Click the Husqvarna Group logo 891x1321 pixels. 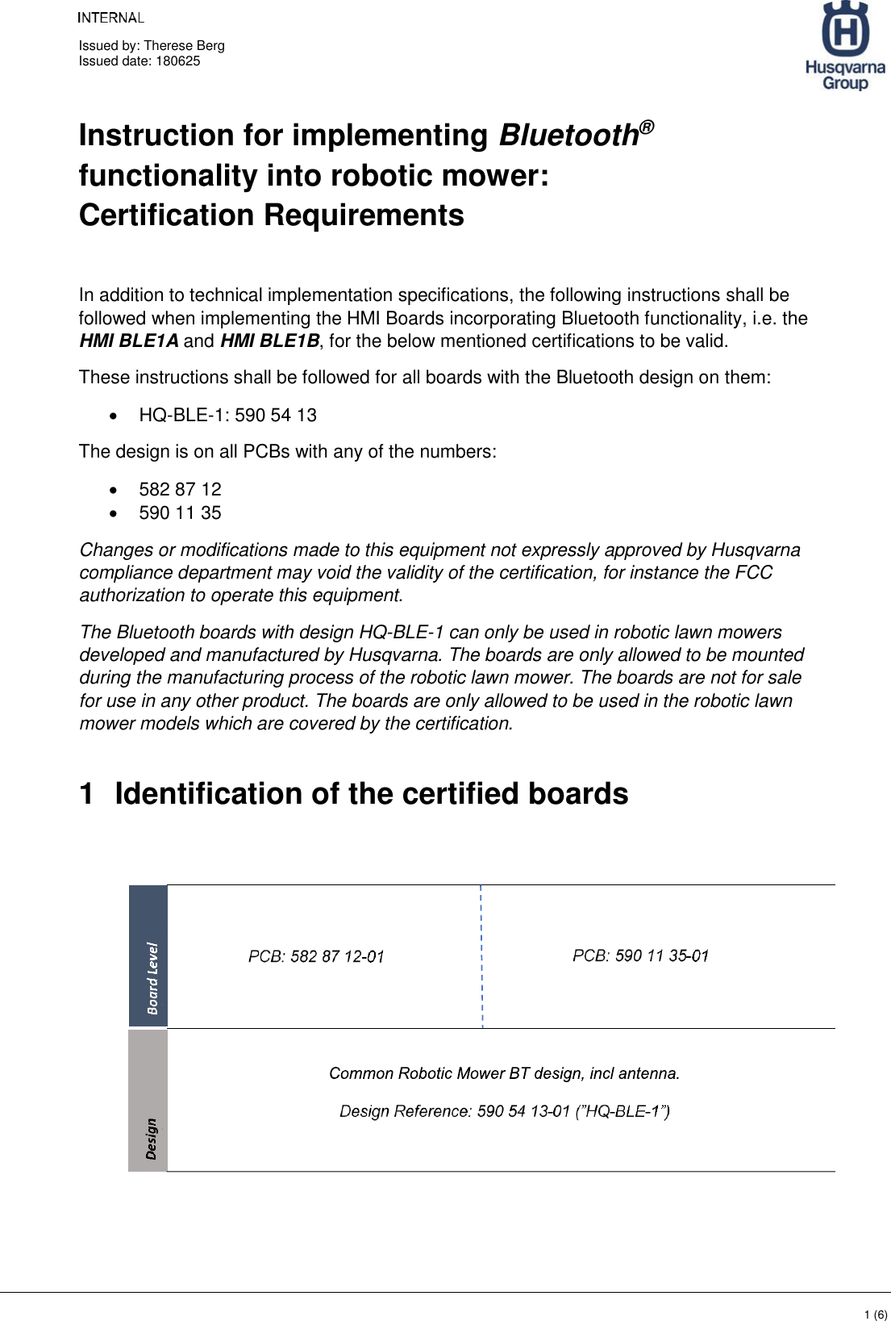pyautogui.click(x=844, y=46)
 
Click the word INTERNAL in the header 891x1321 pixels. pyautogui.click(x=110, y=18)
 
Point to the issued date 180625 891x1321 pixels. pyautogui.click(x=177, y=61)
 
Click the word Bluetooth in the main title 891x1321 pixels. pyautogui.click(x=569, y=136)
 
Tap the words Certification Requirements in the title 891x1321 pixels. pyautogui.click(x=272, y=215)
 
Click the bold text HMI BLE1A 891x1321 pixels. pyautogui.click(x=129, y=341)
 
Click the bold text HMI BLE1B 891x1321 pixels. pyautogui.click(x=269, y=341)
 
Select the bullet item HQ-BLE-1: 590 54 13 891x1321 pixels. pyautogui.click(x=227, y=416)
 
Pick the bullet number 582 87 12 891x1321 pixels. pyautogui.click(x=180, y=490)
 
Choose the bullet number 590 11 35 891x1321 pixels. pyautogui.click(x=180, y=513)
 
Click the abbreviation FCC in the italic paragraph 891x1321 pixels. pyautogui.click(x=753, y=573)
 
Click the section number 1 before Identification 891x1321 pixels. pyautogui.click(x=87, y=794)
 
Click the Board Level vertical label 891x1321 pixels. pyautogui.click(x=152, y=977)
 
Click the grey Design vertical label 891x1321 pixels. pyautogui.click(x=151, y=1138)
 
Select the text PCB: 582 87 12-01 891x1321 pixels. pyautogui.click(x=316, y=957)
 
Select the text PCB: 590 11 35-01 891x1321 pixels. pyautogui.click(x=640, y=956)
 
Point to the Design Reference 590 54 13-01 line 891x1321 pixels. pyautogui.click(x=504, y=1112)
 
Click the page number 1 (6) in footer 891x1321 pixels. pyautogui.click(x=875, y=1315)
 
